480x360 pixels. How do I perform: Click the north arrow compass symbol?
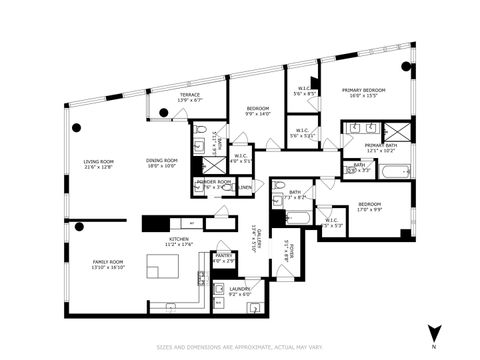(x=433, y=334)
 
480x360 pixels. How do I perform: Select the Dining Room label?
(x=162, y=163)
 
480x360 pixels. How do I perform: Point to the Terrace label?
(x=189, y=97)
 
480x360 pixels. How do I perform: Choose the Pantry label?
(x=224, y=258)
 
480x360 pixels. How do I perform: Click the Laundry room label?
(x=239, y=291)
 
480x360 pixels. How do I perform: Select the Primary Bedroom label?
(x=360, y=92)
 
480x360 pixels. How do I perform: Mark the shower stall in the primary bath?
(x=398, y=130)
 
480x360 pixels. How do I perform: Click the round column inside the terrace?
(x=150, y=115)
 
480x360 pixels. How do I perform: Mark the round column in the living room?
(x=78, y=126)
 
